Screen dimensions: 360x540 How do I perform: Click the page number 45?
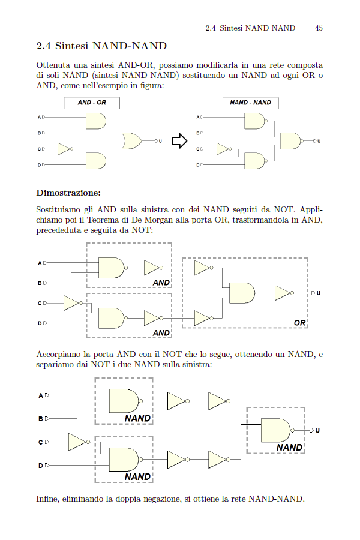pos(319,28)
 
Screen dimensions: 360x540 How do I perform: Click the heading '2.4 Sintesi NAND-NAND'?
pos(101,46)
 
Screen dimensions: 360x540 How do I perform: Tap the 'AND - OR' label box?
pos(92,103)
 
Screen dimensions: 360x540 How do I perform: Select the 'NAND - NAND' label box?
pos(250,103)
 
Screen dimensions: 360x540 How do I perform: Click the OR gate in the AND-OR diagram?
pos(132,140)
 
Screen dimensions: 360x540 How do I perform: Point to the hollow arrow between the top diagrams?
pos(179,140)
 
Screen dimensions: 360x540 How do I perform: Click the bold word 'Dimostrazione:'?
pos(68,193)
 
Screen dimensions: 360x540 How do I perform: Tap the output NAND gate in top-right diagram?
pos(292,140)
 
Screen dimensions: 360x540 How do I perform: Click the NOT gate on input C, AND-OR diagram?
pos(65,149)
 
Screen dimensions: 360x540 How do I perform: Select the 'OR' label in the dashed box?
pos(299,323)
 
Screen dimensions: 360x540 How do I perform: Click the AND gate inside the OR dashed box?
pos(242,293)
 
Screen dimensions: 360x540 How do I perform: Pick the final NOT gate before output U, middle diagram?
pos(284,293)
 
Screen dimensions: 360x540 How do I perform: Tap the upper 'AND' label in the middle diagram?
pos(161,283)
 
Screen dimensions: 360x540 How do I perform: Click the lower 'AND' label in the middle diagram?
pos(161,332)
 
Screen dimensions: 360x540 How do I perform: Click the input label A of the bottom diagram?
pos(41,396)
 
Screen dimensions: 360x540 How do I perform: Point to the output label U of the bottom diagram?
pos(317,430)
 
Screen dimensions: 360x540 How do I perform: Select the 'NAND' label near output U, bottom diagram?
pos(289,448)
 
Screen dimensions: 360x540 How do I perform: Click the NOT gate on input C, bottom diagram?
pos(79,442)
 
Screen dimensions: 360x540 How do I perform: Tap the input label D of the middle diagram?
pos(40,323)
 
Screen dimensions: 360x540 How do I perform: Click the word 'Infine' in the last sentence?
pos(47,499)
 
